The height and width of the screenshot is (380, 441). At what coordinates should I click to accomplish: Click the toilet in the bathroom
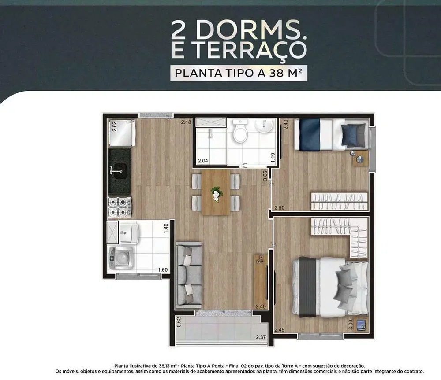pos(240,131)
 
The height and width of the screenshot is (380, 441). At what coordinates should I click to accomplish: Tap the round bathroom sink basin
pos(264,125)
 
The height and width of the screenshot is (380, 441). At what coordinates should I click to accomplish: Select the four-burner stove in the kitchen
pos(120,207)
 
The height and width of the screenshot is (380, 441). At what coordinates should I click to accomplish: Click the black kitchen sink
pos(120,171)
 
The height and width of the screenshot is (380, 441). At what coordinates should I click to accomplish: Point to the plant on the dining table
pos(216,193)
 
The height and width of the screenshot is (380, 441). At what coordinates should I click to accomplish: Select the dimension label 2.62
pos(115,126)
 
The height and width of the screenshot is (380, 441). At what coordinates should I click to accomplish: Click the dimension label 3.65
pos(265,176)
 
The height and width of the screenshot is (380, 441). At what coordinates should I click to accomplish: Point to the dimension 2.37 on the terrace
pos(261,337)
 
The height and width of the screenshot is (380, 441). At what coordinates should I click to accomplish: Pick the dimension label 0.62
pos(179,322)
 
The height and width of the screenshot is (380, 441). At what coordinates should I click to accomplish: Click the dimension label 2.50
pos(279,207)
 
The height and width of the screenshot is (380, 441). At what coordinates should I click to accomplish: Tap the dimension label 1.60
pos(163,270)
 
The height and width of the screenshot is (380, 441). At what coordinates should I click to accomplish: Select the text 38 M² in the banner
pos(286,73)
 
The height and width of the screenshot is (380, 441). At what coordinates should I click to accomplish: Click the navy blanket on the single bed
pos(310,135)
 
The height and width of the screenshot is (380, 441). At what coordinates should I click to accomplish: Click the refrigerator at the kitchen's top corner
pos(122,133)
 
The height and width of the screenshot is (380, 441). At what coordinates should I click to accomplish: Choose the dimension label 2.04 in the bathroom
pos(203,161)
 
